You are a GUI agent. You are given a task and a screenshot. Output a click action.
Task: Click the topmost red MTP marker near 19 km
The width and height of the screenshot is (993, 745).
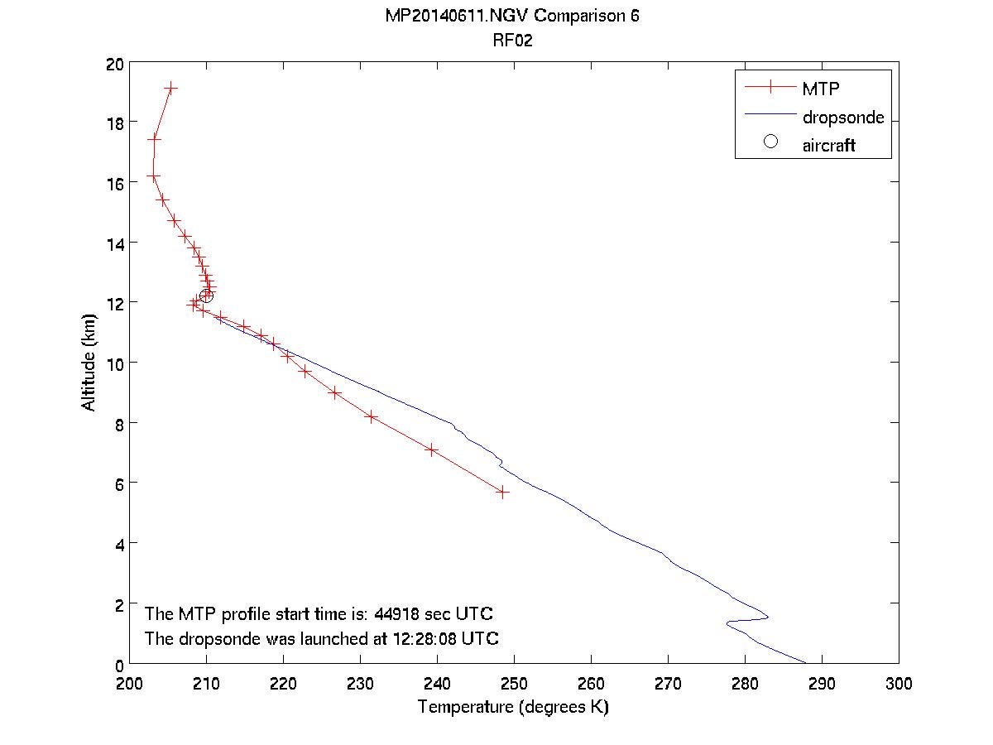170,88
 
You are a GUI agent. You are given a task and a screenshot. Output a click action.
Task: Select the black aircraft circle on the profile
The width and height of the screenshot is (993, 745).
206,296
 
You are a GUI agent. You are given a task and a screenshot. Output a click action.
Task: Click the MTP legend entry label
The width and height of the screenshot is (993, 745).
819,88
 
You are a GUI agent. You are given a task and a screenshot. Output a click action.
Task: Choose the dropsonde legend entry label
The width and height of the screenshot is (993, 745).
842,117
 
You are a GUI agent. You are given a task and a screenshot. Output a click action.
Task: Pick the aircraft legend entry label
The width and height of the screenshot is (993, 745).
828,145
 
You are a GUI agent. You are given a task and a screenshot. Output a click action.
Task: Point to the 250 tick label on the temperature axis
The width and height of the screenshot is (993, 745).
514,684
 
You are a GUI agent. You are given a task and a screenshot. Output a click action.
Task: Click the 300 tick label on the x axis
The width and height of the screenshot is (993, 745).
899,684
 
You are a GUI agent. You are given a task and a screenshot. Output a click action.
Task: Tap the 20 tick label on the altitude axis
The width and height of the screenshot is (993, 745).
115,63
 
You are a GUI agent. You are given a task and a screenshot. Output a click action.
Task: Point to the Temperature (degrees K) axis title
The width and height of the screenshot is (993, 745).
513,707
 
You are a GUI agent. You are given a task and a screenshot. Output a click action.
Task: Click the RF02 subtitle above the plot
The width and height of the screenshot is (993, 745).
512,41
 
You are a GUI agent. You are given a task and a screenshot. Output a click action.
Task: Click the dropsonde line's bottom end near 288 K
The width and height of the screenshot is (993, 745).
805,662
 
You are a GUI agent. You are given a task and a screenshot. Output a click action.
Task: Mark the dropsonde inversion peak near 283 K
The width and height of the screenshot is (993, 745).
768,617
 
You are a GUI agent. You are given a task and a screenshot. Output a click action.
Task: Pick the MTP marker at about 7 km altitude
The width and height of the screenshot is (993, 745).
431,449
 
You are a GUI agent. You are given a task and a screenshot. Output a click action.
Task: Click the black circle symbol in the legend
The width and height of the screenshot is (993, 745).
770,142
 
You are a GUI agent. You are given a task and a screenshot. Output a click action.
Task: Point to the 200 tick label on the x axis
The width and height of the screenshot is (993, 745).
130,684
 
